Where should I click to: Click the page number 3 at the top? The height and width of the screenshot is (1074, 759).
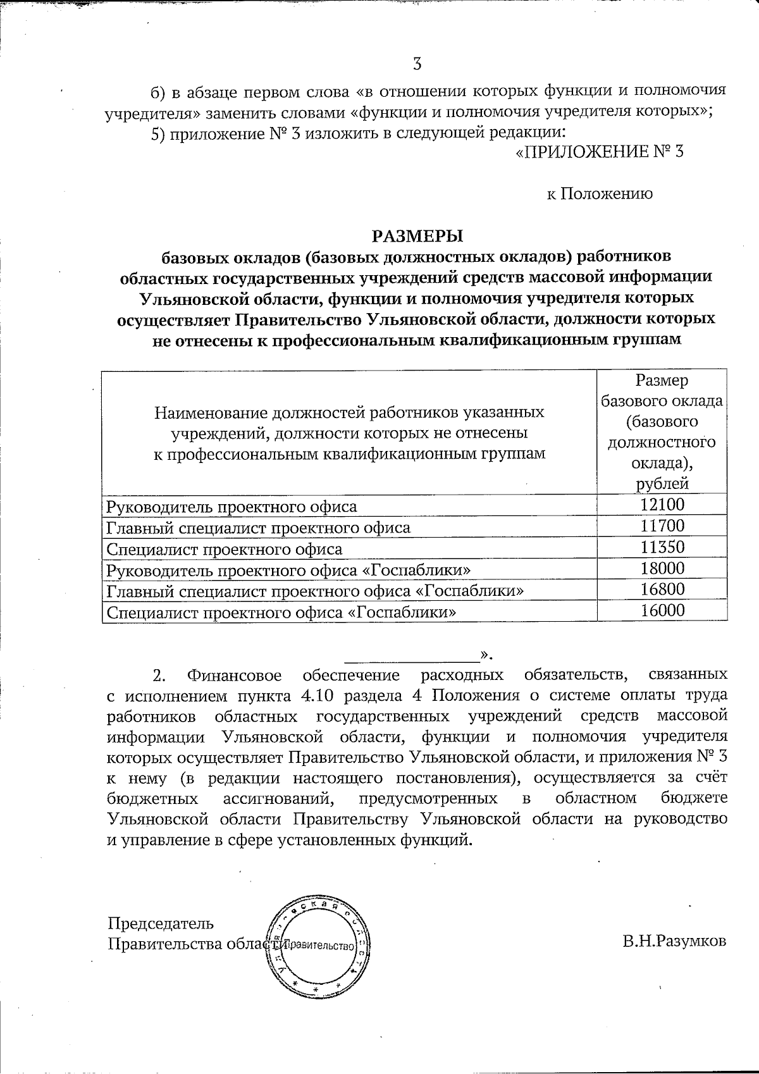coord(417,64)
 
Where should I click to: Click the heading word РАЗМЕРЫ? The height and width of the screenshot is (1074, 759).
coord(417,236)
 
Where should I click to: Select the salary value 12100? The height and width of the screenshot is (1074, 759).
coord(662,505)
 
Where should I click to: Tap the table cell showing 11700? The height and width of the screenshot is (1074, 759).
coord(662,526)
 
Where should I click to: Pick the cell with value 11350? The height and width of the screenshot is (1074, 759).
coord(662,547)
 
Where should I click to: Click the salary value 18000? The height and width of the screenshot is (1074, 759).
coord(662,568)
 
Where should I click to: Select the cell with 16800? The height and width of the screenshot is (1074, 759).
coord(662,589)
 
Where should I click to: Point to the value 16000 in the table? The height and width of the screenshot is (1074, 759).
coord(662,610)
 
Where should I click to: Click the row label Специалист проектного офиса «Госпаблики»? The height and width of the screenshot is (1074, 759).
coord(281,612)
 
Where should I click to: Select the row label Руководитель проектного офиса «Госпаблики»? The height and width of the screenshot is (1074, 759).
coord(288,570)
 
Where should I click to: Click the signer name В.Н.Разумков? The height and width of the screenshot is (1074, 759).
coord(674,941)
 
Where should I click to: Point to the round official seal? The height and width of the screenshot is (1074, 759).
coord(318,946)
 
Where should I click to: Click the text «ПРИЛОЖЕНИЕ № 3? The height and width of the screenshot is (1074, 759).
coord(600,152)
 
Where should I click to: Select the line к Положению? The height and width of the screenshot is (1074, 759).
coord(599,194)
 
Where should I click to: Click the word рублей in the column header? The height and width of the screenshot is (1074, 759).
coord(662,485)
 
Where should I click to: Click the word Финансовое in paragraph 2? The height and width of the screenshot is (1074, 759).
coord(235,676)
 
